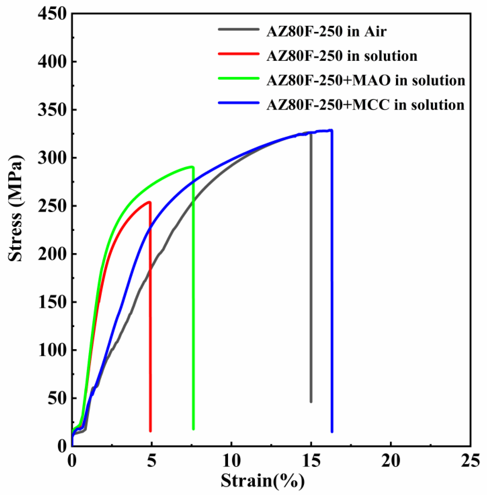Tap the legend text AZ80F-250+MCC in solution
tap(365, 105)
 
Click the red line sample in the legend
tap(239, 54)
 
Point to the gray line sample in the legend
tap(239, 29)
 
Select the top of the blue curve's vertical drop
tap(332, 130)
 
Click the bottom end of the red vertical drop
tap(150, 431)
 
